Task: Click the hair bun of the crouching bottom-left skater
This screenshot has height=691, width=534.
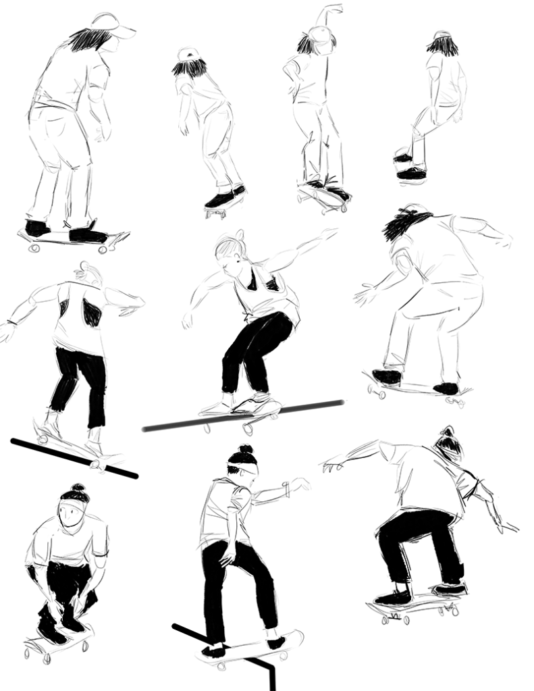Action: pos(76,488)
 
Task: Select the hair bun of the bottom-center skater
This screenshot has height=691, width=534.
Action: pos(246,449)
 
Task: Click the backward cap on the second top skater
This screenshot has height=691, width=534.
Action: pos(188,54)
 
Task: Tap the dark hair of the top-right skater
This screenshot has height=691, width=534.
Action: pos(442,46)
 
